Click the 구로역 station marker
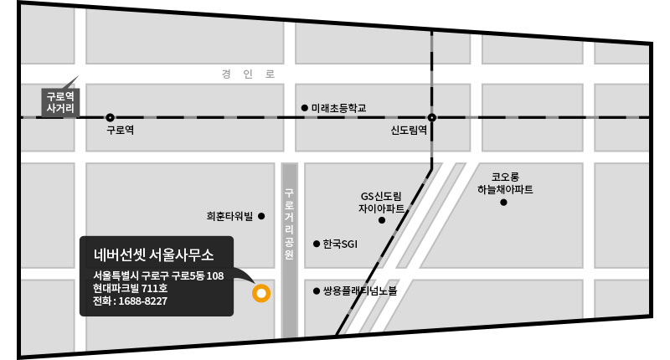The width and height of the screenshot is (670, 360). [x=110, y=118]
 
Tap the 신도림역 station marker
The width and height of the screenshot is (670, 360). [x=432, y=118]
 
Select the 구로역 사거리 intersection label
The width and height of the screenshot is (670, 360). [x=60, y=101]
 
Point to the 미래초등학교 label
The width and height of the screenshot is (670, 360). [x=339, y=108]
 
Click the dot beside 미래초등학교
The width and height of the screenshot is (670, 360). [x=304, y=108]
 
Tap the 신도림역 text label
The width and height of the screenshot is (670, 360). [x=410, y=131]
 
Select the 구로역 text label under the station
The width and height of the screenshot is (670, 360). [x=121, y=131]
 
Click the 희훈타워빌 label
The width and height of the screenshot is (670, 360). [x=229, y=216]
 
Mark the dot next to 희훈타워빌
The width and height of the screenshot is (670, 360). [x=261, y=216]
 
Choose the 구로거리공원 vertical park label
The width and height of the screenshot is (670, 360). [x=290, y=224]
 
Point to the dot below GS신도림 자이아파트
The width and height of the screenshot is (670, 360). [x=382, y=221]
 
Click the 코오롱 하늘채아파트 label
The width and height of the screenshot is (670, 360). [x=505, y=183]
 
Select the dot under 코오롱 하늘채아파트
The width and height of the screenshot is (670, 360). [x=504, y=202]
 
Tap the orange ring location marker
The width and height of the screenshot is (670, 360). [x=260, y=293]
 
